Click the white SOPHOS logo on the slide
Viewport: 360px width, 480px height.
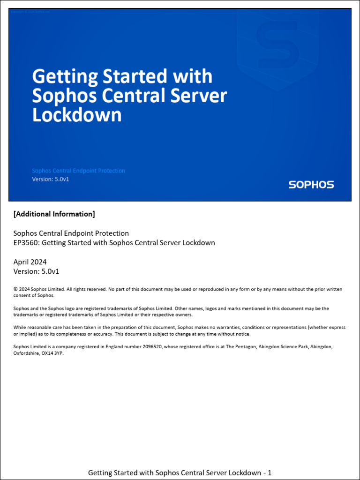pos(311,184)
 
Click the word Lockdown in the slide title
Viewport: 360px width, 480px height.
pos(77,115)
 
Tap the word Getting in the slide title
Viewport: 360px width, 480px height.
pos(65,76)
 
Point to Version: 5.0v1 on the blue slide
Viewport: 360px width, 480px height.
pos(51,179)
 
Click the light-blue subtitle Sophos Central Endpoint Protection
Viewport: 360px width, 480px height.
pos(78,171)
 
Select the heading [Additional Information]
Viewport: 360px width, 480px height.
pos(54,214)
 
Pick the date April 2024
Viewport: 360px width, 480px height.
pos(30,262)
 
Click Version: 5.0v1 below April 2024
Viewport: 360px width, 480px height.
pos(36,271)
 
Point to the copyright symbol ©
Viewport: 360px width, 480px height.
pos(15,289)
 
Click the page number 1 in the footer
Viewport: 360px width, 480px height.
pos(270,472)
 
